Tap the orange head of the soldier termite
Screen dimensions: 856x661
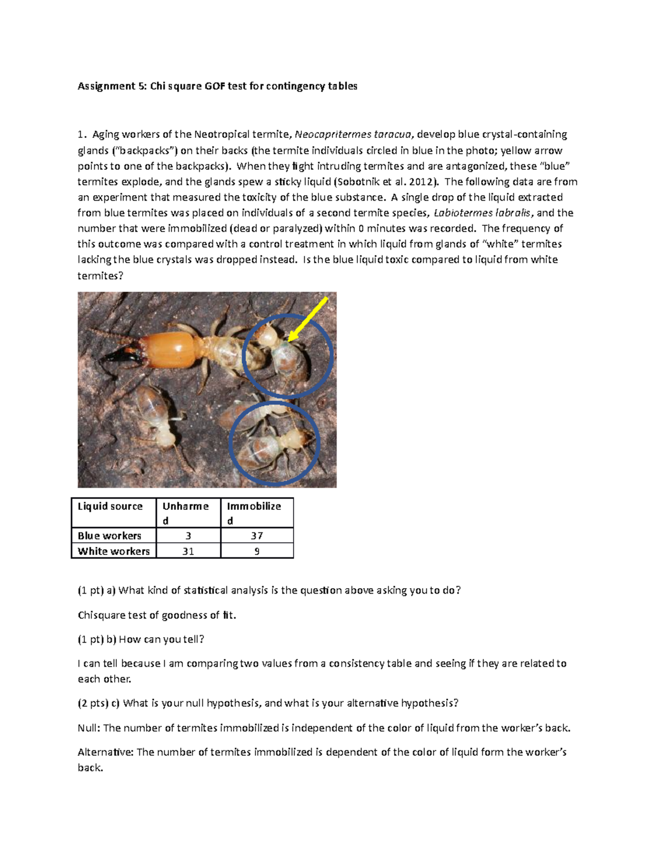click(x=171, y=351)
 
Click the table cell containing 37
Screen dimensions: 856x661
click(x=257, y=536)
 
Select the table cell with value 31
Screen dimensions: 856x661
click(x=188, y=551)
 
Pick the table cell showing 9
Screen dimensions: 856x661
click(x=257, y=551)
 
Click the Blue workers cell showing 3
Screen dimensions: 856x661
click(x=188, y=536)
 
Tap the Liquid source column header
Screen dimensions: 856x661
click(x=110, y=507)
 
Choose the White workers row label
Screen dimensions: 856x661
click(x=113, y=551)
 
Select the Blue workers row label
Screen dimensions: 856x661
click(x=110, y=536)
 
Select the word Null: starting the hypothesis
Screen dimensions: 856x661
click(x=89, y=728)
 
